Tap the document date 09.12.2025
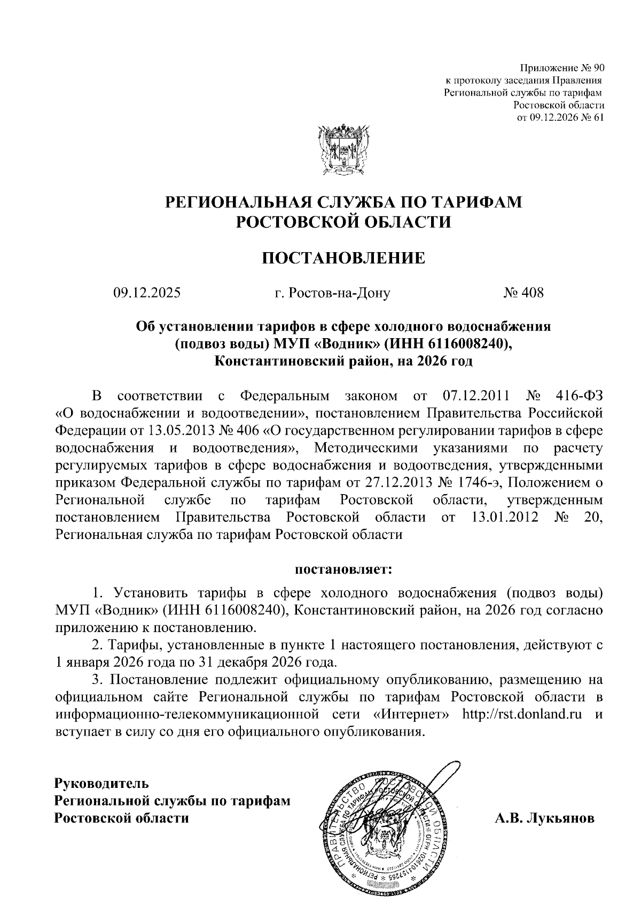click(146, 293)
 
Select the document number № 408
click(523, 293)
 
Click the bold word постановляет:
click(343, 569)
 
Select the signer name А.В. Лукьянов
click(544, 833)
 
